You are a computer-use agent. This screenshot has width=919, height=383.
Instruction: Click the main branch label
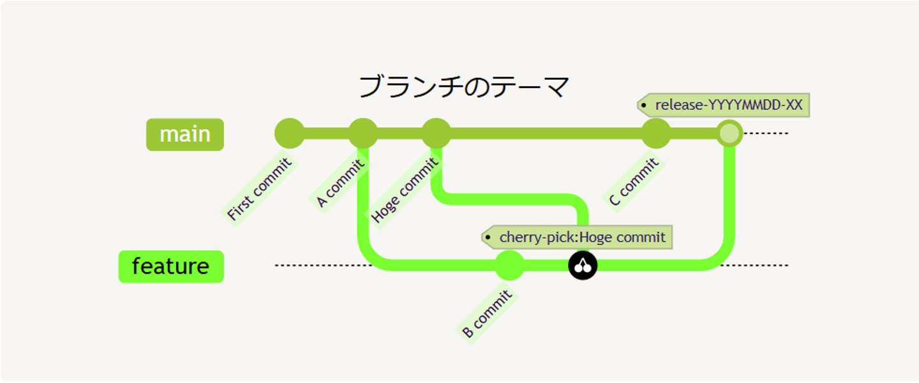coord(185,135)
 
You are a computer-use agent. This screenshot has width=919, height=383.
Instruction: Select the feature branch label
coord(171,266)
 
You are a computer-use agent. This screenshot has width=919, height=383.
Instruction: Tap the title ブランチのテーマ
coord(464,87)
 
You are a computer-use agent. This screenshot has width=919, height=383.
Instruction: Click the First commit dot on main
coord(289,133)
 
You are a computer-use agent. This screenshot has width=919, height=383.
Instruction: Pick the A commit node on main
coord(362,133)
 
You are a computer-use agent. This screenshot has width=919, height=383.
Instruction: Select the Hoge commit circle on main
coord(436,133)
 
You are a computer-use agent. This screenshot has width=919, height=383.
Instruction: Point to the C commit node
coord(655,133)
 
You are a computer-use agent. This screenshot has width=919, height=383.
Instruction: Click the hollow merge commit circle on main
coord(729,133)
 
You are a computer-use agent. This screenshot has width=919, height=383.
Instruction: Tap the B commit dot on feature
coord(509,266)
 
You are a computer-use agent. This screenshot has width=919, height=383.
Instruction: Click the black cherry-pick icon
coord(583,266)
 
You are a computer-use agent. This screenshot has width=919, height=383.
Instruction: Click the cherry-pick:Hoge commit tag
coord(578,237)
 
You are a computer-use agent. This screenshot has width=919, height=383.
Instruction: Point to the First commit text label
coord(260,189)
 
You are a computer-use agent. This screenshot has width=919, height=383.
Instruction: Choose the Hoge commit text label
coord(405,190)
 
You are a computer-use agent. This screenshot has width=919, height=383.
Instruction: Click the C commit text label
coord(633,183)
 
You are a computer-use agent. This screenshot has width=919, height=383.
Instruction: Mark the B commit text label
coord(487,313)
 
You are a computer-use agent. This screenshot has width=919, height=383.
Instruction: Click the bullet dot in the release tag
coord(645,105)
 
